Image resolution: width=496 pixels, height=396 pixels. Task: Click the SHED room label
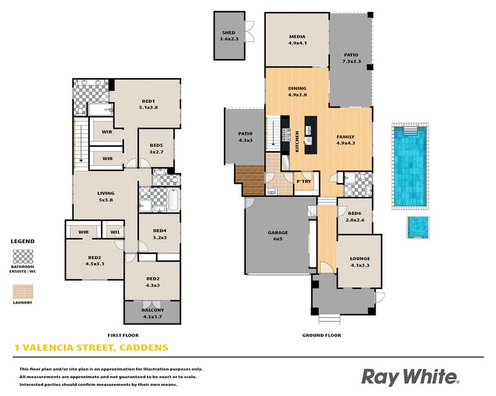[229, 33]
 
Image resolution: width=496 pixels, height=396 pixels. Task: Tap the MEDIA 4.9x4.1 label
[297, 40]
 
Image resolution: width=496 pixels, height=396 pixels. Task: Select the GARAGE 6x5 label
[278, 236]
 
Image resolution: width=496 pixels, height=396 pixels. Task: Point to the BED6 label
[354, 213]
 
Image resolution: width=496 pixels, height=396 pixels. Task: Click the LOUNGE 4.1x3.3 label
[360, 262]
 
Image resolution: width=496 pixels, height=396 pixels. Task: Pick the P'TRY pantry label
[304, 181]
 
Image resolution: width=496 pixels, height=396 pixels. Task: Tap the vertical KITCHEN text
[297, 142]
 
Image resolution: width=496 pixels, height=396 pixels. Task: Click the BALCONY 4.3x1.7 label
[153, 313]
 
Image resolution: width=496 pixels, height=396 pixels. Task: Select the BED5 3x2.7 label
[156, 148]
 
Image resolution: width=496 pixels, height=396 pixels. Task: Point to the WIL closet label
[115, 232]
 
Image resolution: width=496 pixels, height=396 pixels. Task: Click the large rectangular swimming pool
[410, 166]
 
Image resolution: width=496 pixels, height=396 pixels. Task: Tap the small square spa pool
[417, 227]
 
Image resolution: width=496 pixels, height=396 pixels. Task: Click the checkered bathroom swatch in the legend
[23, 256]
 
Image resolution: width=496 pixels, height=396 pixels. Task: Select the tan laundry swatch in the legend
[23, 291]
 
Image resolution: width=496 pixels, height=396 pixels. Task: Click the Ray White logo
[410, 377]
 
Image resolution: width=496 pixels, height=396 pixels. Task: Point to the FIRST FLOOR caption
[123, 335]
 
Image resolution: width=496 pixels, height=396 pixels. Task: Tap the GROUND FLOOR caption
[322, 335]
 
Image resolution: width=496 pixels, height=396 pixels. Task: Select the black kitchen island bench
[311, 135]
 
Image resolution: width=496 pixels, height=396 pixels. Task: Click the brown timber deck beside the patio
[250, 180]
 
